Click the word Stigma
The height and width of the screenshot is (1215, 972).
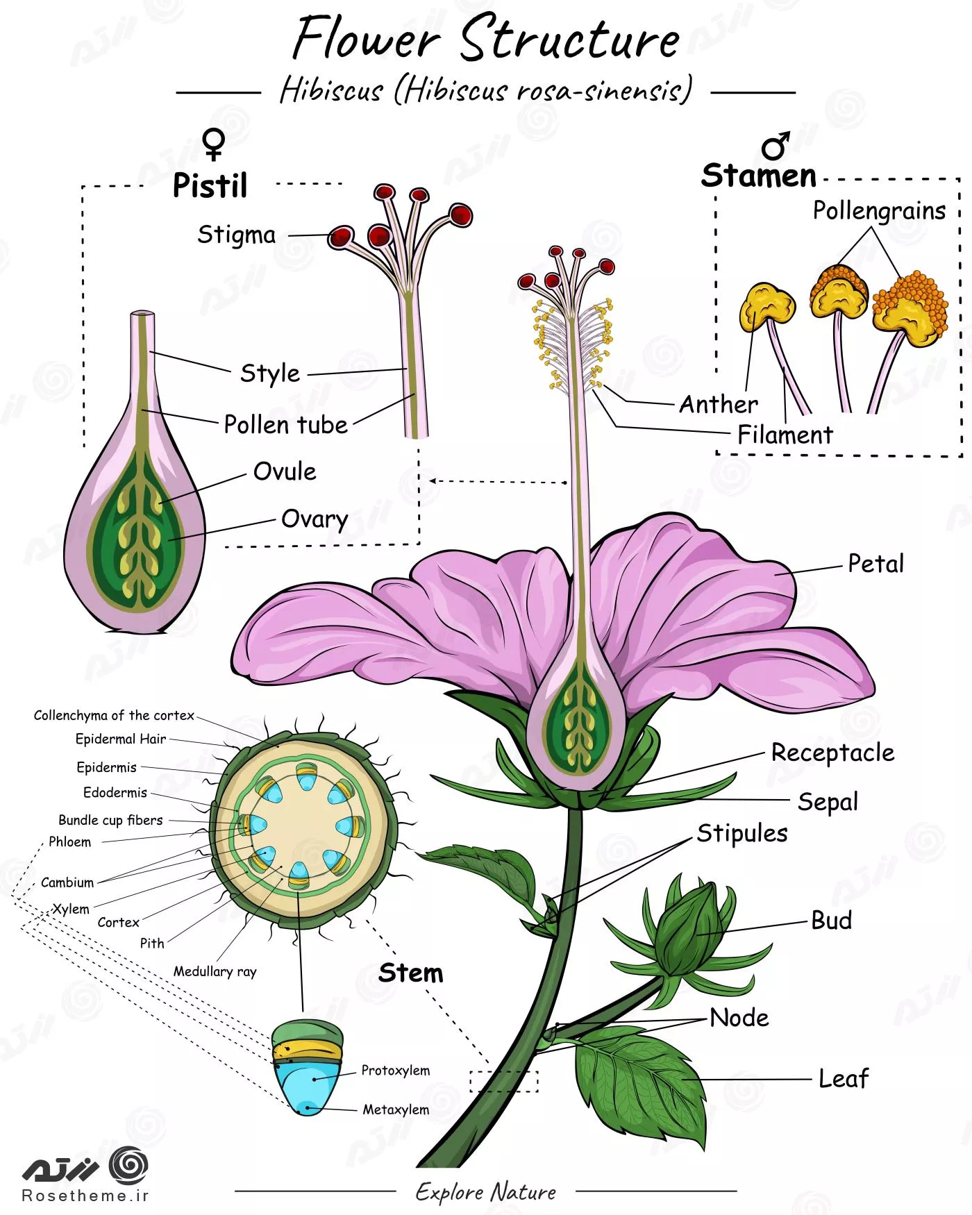click(236, 235)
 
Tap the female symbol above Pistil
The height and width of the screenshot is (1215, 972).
click(214, 144)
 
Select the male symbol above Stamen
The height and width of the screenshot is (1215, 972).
click(776, 145)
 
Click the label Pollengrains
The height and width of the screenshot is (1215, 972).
click(879, 210)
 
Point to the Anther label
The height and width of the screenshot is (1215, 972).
click(718, 404)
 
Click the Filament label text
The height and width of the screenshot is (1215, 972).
click(785, 435)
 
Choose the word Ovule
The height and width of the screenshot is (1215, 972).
click(285, 471)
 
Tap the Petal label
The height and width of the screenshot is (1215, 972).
click(876, 564)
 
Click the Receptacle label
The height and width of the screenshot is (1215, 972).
click(832, 753)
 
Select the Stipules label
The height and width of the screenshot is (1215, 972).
click(742, 833)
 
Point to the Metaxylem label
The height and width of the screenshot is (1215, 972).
click(396, 1109)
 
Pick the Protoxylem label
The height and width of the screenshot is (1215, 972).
click(395, 1070)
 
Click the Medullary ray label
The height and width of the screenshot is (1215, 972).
click(215, 971)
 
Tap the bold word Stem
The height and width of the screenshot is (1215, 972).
click(410, 973)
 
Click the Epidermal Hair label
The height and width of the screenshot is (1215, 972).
click(121, 739)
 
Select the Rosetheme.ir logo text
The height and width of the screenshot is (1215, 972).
click(85, 1196)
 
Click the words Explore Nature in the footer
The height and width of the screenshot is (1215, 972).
click(486, 1192)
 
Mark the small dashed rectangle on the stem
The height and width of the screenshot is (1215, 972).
click(503, 1081)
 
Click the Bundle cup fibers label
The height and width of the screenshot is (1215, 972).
click(110, 820)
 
